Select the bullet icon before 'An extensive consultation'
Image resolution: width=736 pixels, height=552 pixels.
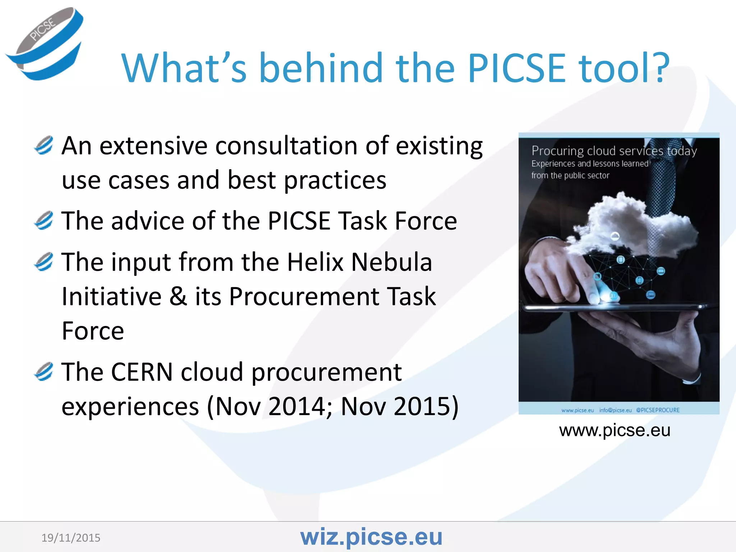pos(44,146)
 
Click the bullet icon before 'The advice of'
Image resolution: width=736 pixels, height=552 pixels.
pos(44,220)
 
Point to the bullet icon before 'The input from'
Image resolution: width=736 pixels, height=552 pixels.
pos(44,262)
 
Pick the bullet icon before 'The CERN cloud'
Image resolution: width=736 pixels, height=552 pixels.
pos(44,372)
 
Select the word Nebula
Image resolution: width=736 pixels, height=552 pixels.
pos(391,262)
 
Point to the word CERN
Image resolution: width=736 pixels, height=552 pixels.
pos(142,372)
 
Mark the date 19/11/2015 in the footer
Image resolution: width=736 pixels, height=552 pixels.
pos(71,538)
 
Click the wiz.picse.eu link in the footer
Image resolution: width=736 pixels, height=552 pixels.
pos(371,537)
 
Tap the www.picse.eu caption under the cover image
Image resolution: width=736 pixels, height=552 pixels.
pos(615,430)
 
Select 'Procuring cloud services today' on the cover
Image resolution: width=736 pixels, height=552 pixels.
pos(614,151)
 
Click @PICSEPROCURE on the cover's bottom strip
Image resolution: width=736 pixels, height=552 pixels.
pos(658,410)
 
